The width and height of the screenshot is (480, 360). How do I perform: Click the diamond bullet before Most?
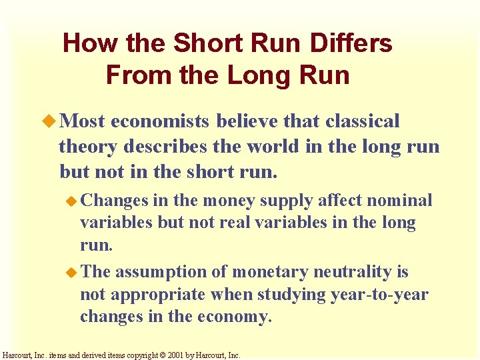coord(50,121)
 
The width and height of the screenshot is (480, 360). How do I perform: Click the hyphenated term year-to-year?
coord(379,295)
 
